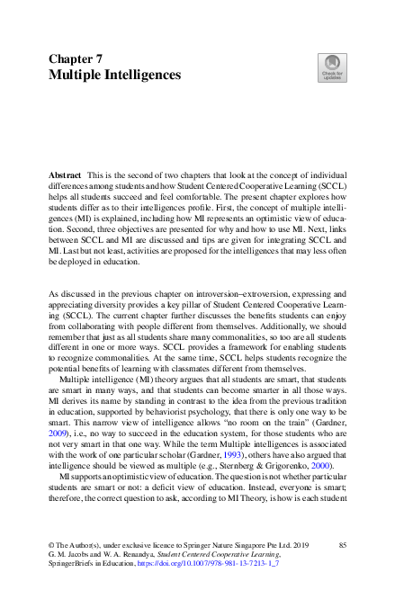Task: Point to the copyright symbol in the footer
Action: (51, 546)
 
